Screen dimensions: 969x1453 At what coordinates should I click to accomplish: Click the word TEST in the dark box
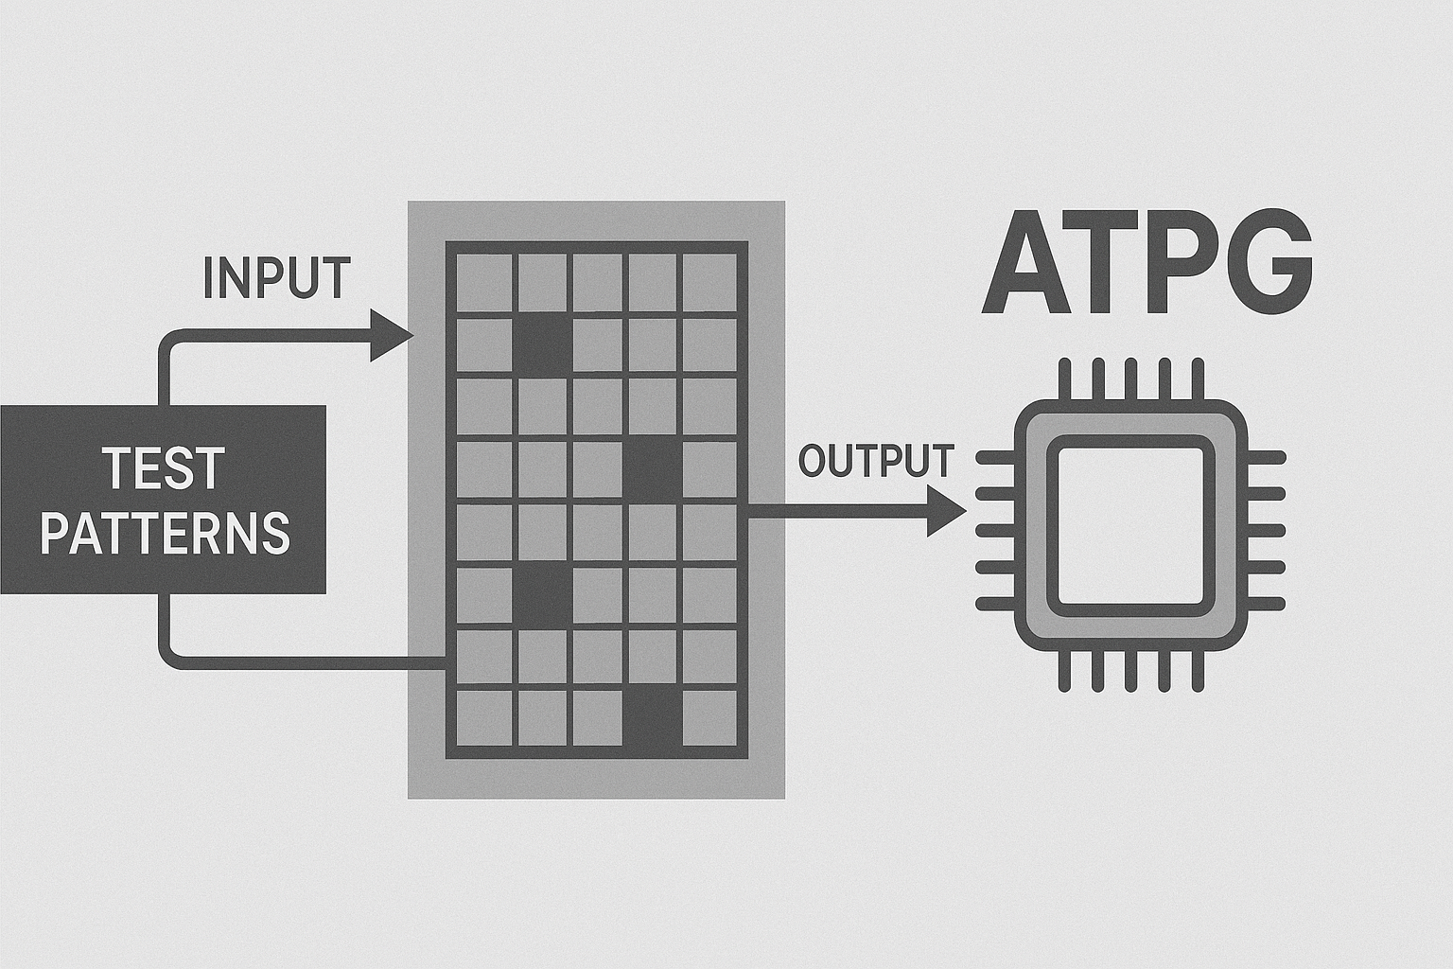tap(163, 469)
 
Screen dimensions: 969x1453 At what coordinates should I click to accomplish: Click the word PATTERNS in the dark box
tap(165, 533)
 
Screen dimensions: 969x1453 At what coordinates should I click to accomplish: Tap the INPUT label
tap(276, 278)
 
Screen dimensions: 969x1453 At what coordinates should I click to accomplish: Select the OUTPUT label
tap(875, 461)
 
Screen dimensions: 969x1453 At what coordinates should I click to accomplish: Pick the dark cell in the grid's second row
tap(542, 344)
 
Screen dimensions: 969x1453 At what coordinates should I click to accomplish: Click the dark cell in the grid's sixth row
tap(542, 593)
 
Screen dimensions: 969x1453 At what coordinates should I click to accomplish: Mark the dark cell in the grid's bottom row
tap(653, 717)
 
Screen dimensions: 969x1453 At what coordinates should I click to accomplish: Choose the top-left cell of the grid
tap(483, 282)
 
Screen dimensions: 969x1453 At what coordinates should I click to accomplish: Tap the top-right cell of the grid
tap(709, 282)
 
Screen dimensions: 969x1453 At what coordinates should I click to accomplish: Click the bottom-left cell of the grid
tap(483, 717)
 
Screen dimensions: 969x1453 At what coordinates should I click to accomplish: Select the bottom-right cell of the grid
tap(709, 717)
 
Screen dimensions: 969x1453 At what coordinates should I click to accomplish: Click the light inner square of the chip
tap(1130, 524)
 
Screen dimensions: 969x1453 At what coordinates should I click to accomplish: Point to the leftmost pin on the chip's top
tap(1065, 379)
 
